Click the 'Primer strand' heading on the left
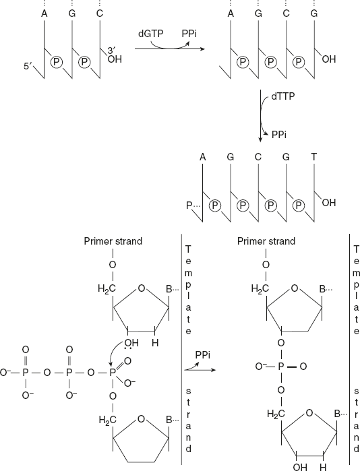[111, 241]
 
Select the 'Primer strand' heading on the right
[266, 241]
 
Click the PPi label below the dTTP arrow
[281, 135]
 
